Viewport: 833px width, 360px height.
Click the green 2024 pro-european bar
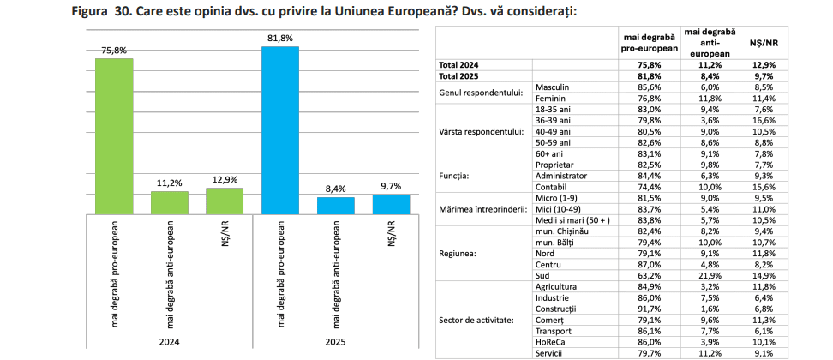click(113, 135)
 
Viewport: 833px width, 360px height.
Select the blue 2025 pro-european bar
click(279, 129)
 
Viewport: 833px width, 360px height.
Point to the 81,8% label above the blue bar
click(279, 38)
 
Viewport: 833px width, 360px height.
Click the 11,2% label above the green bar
click(169, 183)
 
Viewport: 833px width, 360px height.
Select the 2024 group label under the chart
click(169, 341)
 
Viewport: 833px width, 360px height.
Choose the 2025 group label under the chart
click(335, 341)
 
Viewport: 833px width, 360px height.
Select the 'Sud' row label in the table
click(542, 276)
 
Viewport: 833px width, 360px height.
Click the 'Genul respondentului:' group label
click(481, 93)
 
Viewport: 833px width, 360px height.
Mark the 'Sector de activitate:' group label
click(476, 320)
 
